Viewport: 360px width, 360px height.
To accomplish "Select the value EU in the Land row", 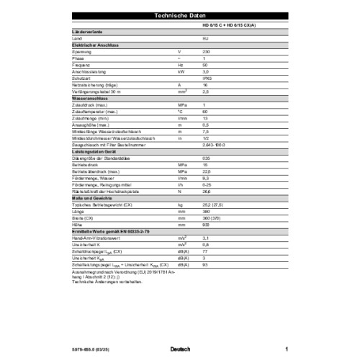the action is point(205,37).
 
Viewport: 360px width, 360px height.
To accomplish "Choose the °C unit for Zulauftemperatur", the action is point(180,112).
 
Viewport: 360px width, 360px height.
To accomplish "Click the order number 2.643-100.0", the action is point(215,144).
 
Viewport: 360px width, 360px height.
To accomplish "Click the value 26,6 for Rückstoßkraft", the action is point(207,190).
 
